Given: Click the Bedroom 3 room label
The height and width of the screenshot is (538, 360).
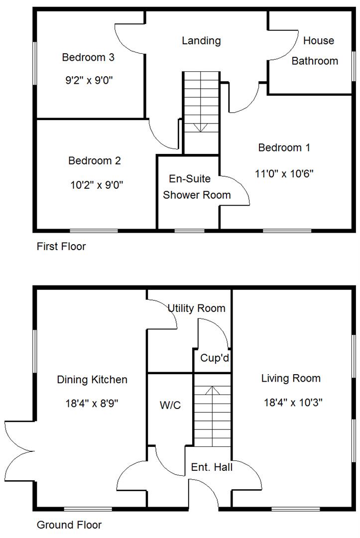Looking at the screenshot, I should tap(88, 57).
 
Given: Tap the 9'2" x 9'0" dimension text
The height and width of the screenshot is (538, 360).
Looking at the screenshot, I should tap(88, 81).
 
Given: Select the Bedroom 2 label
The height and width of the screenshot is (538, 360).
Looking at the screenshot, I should tap(95, 161).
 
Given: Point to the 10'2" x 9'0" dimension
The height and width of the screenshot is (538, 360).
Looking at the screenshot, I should tap(97, 185).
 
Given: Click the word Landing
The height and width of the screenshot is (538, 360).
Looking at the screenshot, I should tap(201, 41).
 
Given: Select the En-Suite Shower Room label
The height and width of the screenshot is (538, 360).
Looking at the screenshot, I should tap(197, 187).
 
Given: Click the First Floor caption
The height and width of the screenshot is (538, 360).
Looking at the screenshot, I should tap(61, 247).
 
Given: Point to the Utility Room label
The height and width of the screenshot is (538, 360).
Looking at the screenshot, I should tap(196, 308).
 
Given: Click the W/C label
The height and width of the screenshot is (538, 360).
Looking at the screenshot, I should tap(170, 405).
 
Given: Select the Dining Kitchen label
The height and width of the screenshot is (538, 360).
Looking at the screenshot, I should tap(92, 380).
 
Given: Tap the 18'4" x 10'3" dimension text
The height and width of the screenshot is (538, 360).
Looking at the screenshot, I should tap(292, 402).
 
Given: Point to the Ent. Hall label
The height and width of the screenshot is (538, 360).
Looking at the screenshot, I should tap(212, 467).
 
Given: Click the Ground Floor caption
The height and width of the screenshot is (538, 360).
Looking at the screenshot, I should tap(69, 525).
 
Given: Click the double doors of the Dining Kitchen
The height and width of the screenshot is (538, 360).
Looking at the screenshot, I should tap(19, 451).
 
